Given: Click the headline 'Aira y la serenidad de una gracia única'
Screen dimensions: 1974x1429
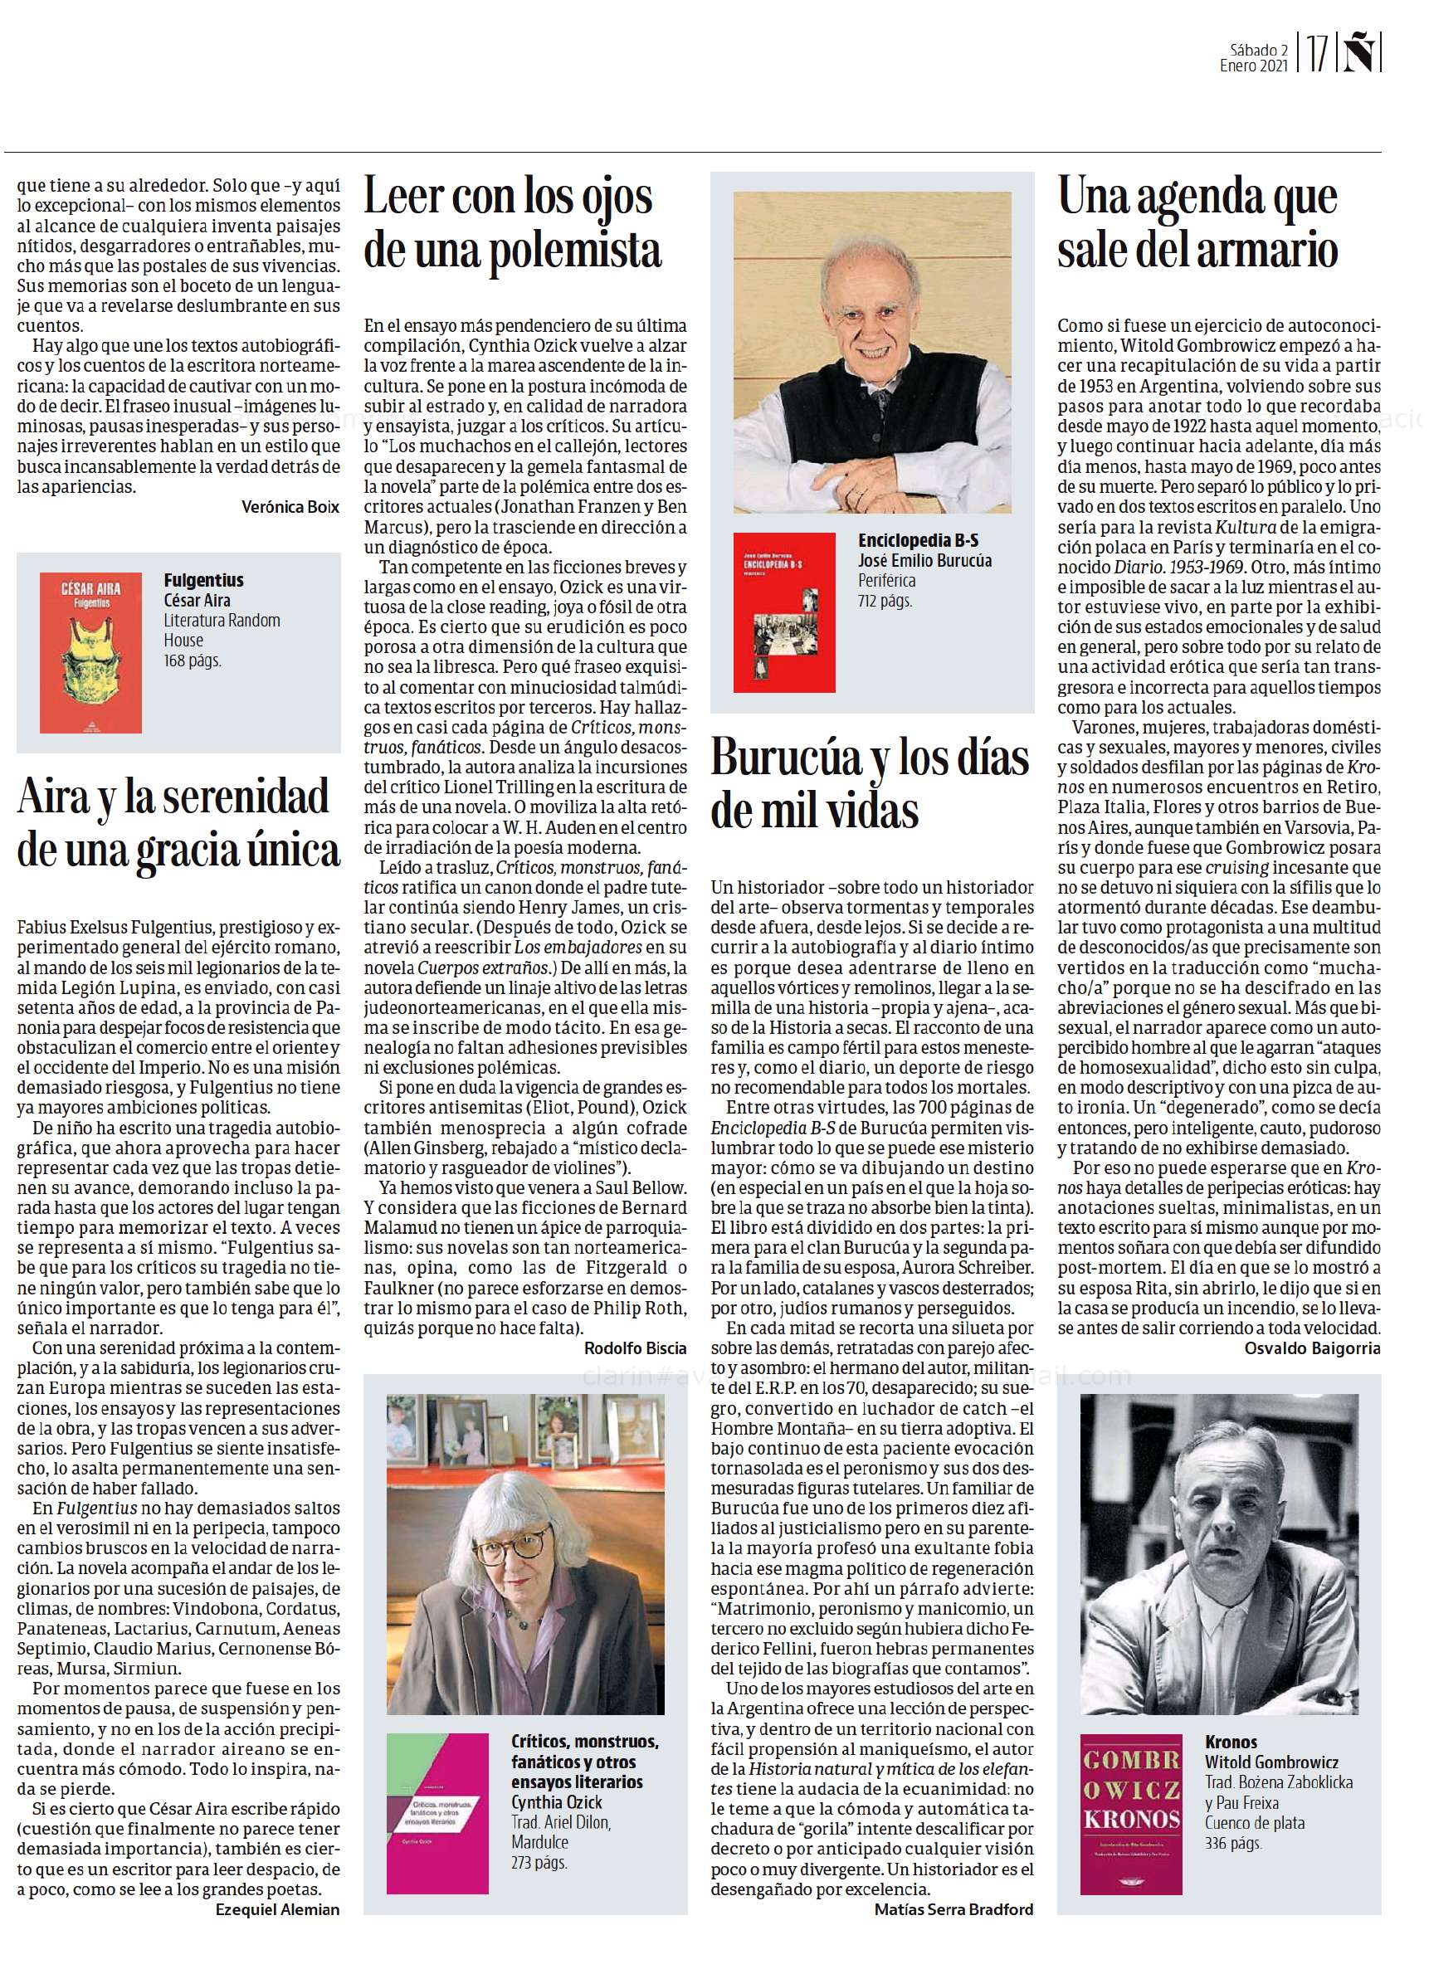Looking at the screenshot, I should tap(178, 823).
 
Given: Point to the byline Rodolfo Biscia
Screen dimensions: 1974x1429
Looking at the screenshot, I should tap(635, 1348).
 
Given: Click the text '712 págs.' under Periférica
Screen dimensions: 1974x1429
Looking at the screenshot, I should tap(885, 600).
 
